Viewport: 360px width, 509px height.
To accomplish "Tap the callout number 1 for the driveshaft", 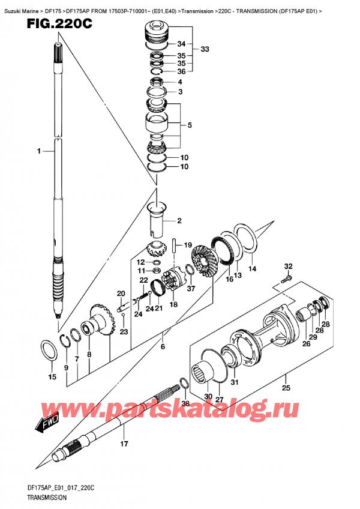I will [x=38, y=152].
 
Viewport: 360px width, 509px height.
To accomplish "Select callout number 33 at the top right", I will [x=205, y=49].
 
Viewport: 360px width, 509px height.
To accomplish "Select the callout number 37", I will [x=191, y=288].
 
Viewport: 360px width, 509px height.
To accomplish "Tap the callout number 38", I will [x=186, y=403].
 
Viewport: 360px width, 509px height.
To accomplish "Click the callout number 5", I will [x=190, y=126].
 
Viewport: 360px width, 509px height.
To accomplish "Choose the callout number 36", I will [x=182, y=71].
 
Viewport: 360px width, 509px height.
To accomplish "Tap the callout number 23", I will [x=124, y=332].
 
